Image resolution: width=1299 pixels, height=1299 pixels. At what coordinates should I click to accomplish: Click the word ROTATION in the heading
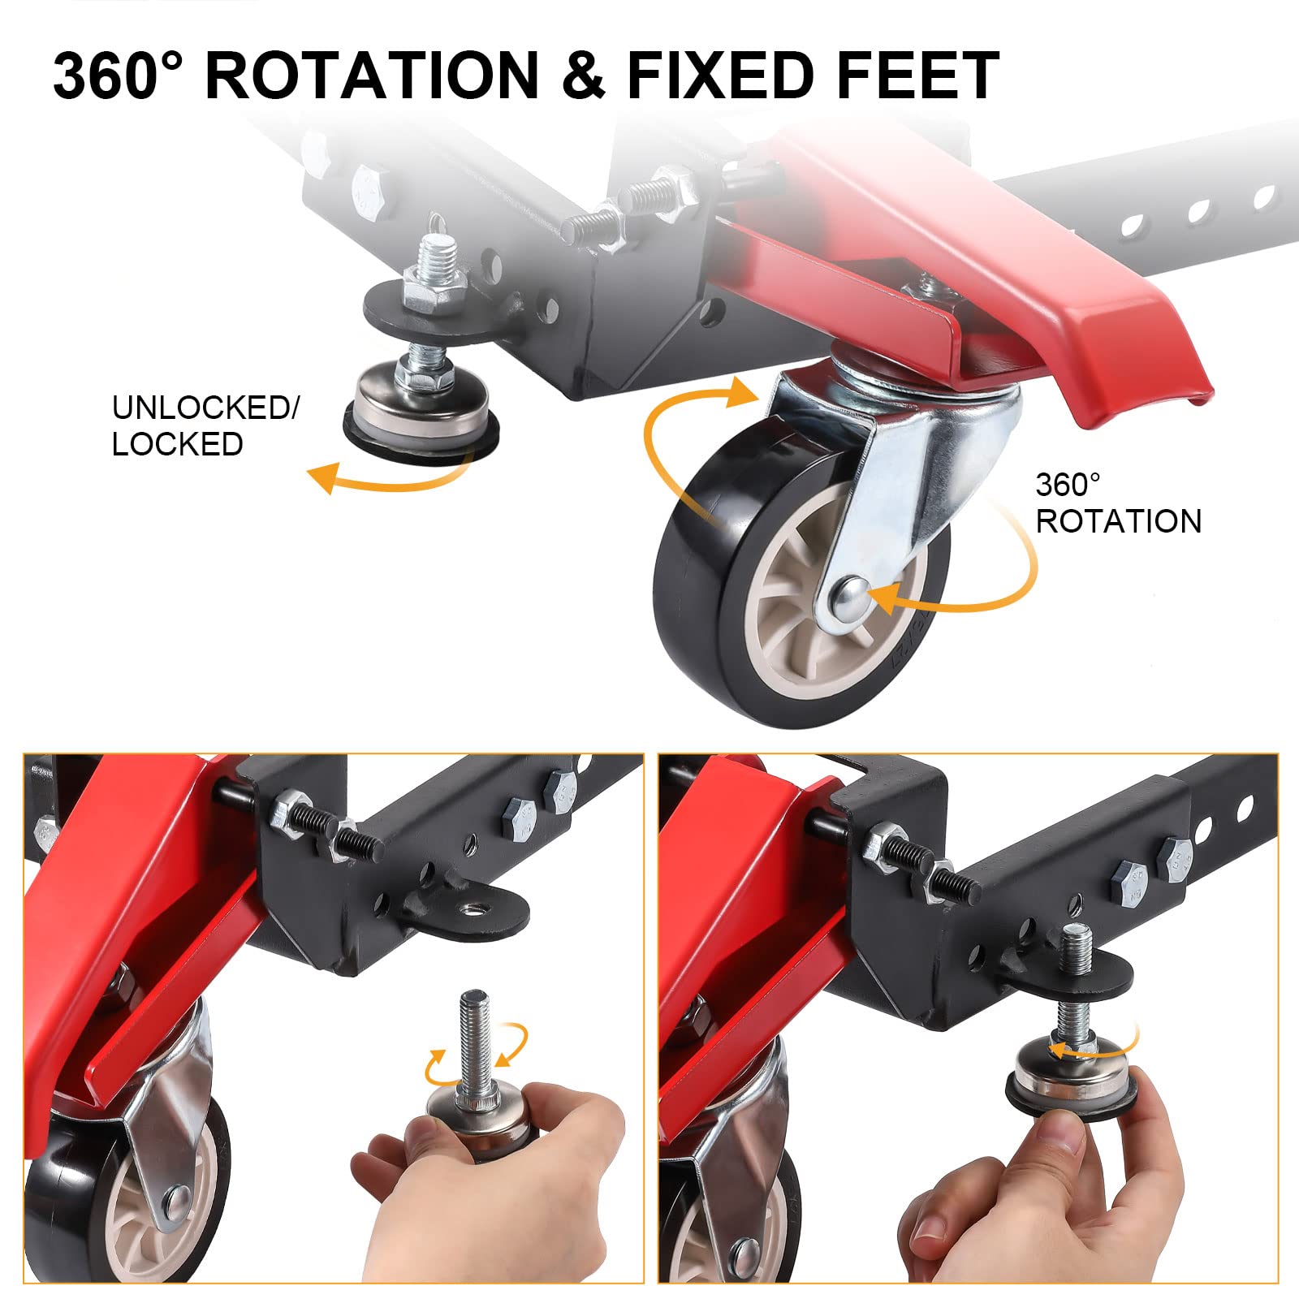tap(372, 75)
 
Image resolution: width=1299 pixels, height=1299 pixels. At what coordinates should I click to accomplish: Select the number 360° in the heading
tap(119, 75)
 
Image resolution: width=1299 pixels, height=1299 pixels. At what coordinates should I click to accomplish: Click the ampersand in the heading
tap(583, 75)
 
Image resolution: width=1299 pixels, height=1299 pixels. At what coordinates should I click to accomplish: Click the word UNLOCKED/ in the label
tap(205, 408)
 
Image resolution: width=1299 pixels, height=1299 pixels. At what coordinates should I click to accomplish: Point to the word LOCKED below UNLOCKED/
tap(178, 445)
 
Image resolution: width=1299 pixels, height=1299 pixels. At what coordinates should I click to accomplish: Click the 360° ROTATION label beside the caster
tap(1118, 503)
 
